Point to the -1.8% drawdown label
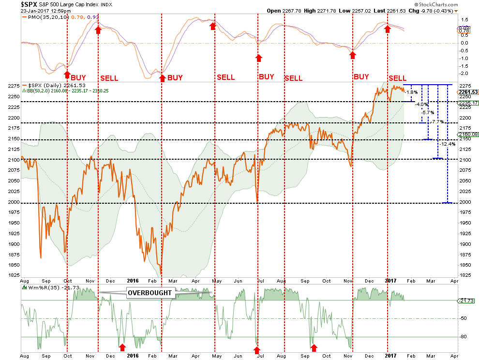pos(409,92)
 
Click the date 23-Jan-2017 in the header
pos(30,11)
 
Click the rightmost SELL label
pos(398,78)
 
